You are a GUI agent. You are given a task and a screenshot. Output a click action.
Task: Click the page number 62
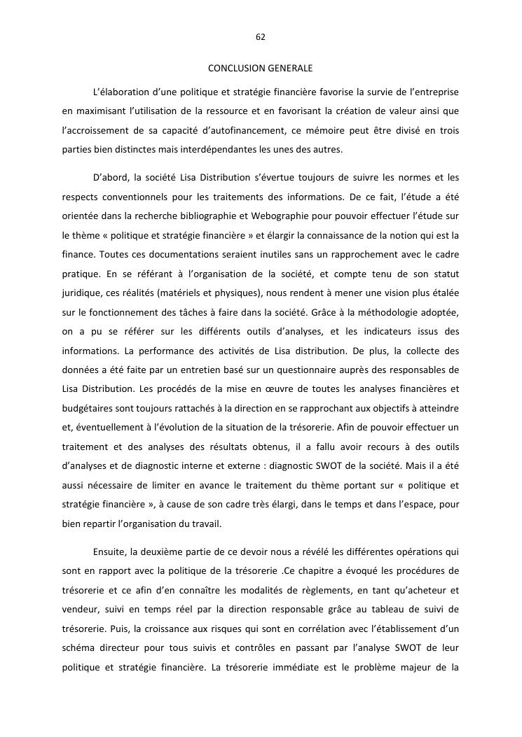coord(261,36)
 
